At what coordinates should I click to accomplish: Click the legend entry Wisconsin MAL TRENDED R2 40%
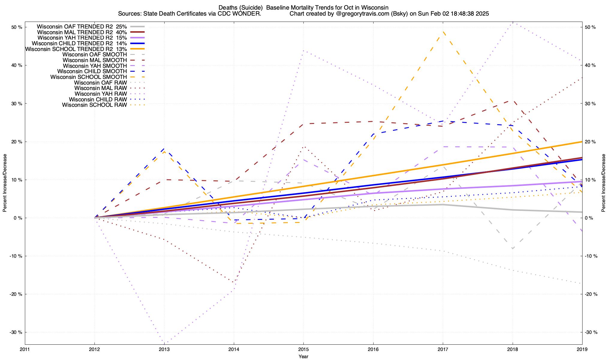tap(82, 32)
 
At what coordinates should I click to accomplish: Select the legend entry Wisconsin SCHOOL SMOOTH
tap(88, 77)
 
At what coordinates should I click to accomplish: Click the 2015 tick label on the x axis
tap(303, 349)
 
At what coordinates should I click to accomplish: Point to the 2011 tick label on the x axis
tap(25, 349)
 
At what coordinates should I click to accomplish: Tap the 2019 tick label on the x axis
tap(582, 349)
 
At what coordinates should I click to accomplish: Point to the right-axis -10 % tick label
tap(591, 256)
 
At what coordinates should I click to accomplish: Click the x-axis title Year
tap(303, 356)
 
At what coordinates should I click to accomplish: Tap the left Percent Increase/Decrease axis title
tap(5, 183)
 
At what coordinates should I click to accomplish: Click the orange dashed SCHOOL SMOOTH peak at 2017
tap(443, 31)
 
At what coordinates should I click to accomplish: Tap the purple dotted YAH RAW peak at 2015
tap(303, 51)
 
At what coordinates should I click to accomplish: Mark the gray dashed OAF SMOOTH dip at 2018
tap(513, 249)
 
